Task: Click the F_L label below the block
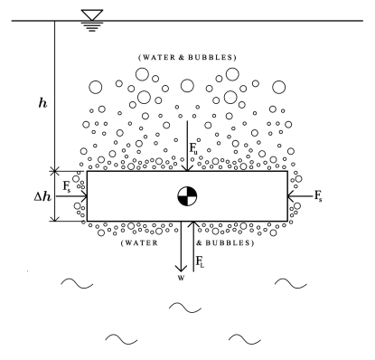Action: click(202, 262)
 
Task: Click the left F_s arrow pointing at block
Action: click(76, 195)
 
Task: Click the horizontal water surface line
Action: click(226, 21)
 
